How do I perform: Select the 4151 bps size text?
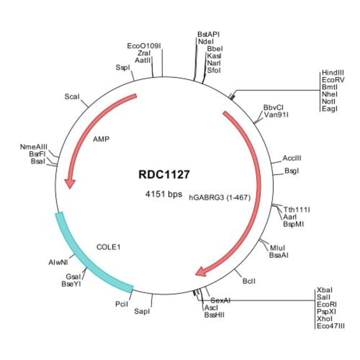tap(163, 194)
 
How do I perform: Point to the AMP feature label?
tap(101, 139)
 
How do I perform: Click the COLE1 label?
tap(109, 246)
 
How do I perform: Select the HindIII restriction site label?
tap(332, 73)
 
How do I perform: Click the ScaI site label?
tap(72, 97)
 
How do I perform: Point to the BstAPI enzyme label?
tap(208, 34)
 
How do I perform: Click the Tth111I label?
tap(297, 209)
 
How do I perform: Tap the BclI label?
tap(249, 282)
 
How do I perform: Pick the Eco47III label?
tap(331, 327)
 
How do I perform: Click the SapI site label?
tap(142, 312)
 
